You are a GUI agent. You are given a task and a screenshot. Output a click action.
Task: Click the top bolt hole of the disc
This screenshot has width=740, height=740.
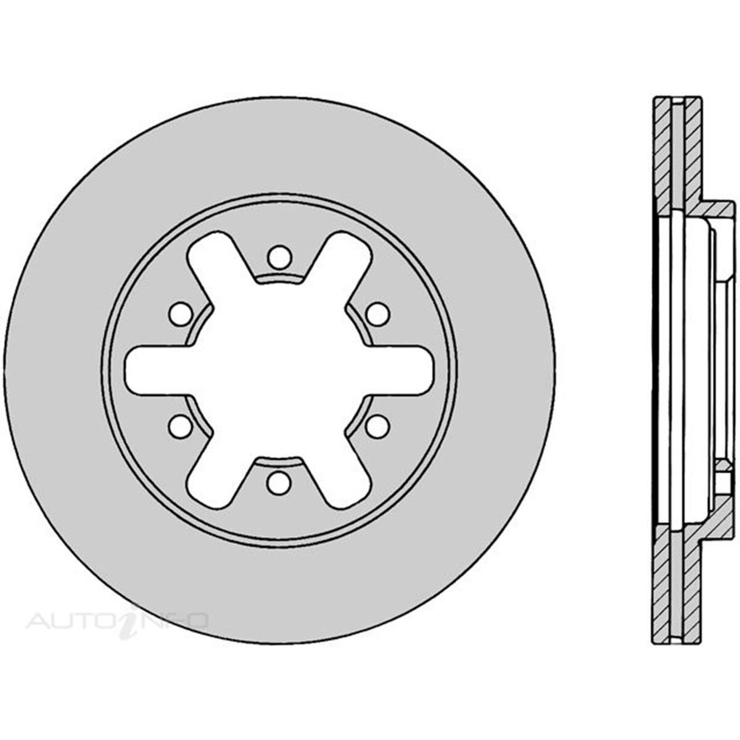pos(279,256)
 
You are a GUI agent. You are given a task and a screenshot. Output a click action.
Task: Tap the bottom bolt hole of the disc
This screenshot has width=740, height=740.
pos(279,482)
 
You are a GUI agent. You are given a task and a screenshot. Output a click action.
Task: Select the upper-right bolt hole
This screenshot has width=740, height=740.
pos(377,314)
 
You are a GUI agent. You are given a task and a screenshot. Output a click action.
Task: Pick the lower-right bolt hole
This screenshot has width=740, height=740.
pos(377,425)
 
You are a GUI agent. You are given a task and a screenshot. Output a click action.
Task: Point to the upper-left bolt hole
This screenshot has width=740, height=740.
pos(181,314)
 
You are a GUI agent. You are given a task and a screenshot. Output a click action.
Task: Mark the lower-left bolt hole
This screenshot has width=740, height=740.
pos(181,425)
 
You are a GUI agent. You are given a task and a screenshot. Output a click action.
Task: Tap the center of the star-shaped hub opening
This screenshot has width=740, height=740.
pos(279,370)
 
